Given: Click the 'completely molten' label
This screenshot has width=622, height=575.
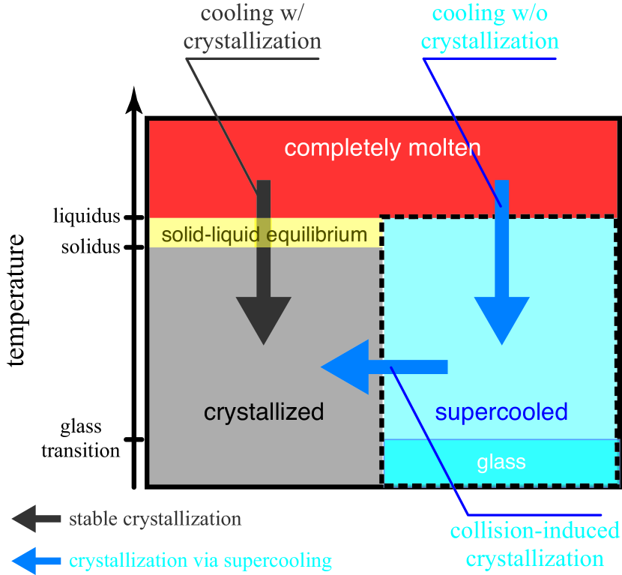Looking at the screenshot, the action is (382, 148).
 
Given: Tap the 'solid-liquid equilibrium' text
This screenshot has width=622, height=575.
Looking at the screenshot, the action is (265, 235).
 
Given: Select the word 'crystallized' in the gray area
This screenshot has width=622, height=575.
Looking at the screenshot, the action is (264, 412).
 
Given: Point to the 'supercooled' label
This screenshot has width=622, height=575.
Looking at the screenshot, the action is (501, 412).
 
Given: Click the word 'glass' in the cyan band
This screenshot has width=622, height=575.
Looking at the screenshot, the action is (501, 463).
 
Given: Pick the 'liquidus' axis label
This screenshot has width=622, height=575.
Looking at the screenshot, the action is (87, 216).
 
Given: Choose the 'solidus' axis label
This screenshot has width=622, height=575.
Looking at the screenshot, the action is (91, 247).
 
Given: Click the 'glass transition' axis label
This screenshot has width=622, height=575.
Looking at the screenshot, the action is (80, 439).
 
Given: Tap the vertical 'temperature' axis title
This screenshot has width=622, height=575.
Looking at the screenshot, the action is (16, 300).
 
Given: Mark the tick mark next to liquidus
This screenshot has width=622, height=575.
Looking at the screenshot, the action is (133, 217).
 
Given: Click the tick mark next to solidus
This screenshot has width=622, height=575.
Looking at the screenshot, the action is (133, 247).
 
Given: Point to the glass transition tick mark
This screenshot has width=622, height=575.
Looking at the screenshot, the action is (133, 439).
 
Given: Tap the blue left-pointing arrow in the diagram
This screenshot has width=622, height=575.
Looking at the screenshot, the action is (384, 367).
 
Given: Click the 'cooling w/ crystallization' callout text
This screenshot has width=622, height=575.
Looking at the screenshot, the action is (253, 27).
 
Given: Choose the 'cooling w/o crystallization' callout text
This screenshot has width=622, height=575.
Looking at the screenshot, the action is (490, 27).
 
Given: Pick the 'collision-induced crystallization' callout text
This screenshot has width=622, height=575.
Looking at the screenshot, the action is (535, 545).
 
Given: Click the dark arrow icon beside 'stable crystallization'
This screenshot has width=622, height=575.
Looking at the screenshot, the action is (36, 519).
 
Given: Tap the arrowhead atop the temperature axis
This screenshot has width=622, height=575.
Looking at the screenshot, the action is (134, 100).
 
